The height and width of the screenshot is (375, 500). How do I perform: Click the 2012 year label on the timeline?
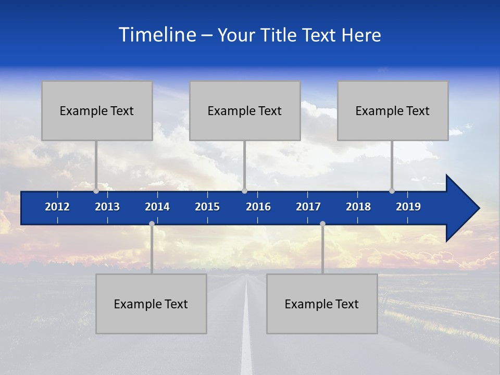(57, 207)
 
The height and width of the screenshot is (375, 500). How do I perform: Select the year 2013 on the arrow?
(107, 207)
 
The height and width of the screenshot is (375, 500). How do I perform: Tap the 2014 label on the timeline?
(157, 207)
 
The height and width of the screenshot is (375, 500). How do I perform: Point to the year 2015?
(207, 207)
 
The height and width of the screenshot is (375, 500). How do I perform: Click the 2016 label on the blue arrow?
(258, 207)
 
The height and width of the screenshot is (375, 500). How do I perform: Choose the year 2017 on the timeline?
(308, 207)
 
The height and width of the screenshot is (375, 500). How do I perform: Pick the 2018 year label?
(358, 207)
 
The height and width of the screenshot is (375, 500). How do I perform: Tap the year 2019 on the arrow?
(408, 207)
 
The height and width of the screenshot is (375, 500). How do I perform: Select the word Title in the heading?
(280, 35)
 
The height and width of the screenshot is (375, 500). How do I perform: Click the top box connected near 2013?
(97, 110)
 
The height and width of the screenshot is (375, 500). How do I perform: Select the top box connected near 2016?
(245, 110)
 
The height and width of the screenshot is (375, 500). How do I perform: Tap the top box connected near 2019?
(393, 110)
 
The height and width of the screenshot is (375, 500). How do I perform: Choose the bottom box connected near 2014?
(151, 304)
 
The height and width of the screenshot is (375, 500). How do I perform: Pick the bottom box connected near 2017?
(322, 304)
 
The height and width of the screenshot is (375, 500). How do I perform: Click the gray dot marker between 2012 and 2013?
(96, 191)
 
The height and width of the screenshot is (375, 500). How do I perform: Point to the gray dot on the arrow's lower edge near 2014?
(152, 223)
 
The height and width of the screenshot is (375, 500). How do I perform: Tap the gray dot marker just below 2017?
(322, 223)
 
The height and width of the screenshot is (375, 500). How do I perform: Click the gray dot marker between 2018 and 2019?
(392, 191)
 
